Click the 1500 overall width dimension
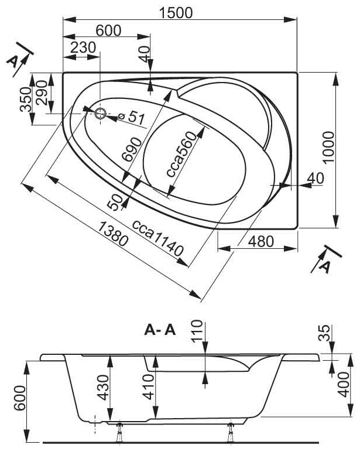tap(176, 13)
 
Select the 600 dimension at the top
tap(108, 30)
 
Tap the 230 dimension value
tap(83, 47)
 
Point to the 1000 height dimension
tap(328, 148)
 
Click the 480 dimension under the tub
tap(261, 241)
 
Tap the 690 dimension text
tap(132, 149)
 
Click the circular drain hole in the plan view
tap(101, 114)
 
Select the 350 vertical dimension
tap(26, 99)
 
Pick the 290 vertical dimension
tap(42, 93)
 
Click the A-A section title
tap(160, 330)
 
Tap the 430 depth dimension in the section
tap(103, 388)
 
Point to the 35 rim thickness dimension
tap(325, 333)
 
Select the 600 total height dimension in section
tap(20, 398)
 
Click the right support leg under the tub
tap(231, 432)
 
